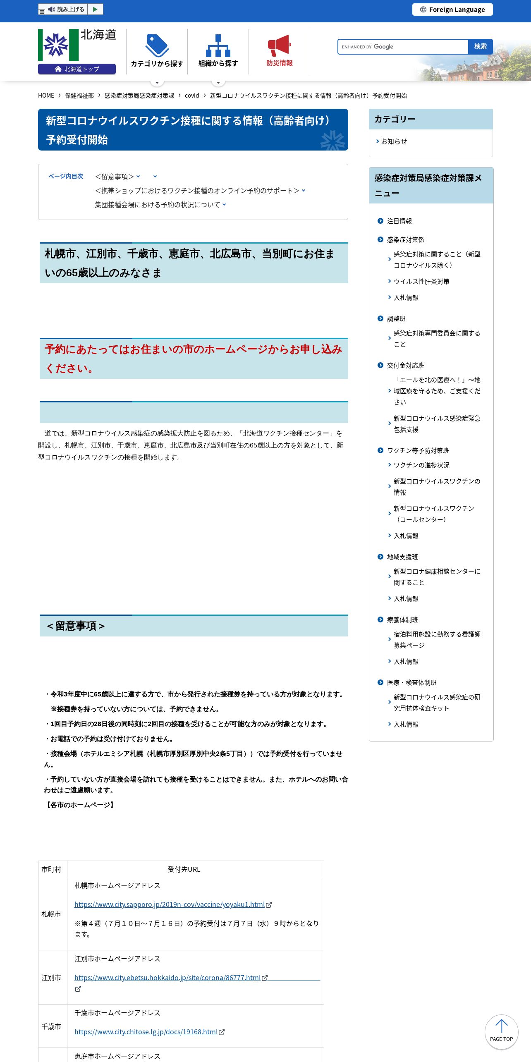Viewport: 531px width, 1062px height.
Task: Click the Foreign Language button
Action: [x=452, y=10]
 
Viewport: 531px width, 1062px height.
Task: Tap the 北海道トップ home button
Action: [x=77, y=69]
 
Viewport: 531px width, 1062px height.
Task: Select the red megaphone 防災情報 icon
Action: [x=279, y=45]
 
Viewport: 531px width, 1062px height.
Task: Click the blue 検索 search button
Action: [x=480, y=47]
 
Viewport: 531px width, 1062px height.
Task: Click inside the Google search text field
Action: [x=403, y=47]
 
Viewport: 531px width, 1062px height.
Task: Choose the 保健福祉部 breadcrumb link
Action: [x=79, y=96]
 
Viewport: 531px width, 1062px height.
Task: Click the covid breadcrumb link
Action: [x=192, y=96]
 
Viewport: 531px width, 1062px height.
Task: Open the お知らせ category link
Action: [x=394, y=141]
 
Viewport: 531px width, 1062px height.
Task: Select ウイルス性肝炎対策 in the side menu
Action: [x=421, y=282]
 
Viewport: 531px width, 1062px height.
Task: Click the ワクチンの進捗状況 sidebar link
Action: [x=421, y=465]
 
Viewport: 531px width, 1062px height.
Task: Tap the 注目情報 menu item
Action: [x=399, y=221]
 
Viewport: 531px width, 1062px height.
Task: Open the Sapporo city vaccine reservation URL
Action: [x=170, y=904]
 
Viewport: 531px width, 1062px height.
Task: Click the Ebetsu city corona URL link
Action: [x=167, y=978]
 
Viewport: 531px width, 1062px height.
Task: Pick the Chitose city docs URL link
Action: [x=146, y=1032]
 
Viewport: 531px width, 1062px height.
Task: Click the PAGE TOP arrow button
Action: [x=501, y=1032]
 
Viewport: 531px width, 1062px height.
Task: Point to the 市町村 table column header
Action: [x=51, y=869]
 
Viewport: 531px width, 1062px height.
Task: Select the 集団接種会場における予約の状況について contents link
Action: [x=157, y=205]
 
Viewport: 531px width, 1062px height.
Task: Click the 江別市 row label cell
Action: [x=51, y=978]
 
